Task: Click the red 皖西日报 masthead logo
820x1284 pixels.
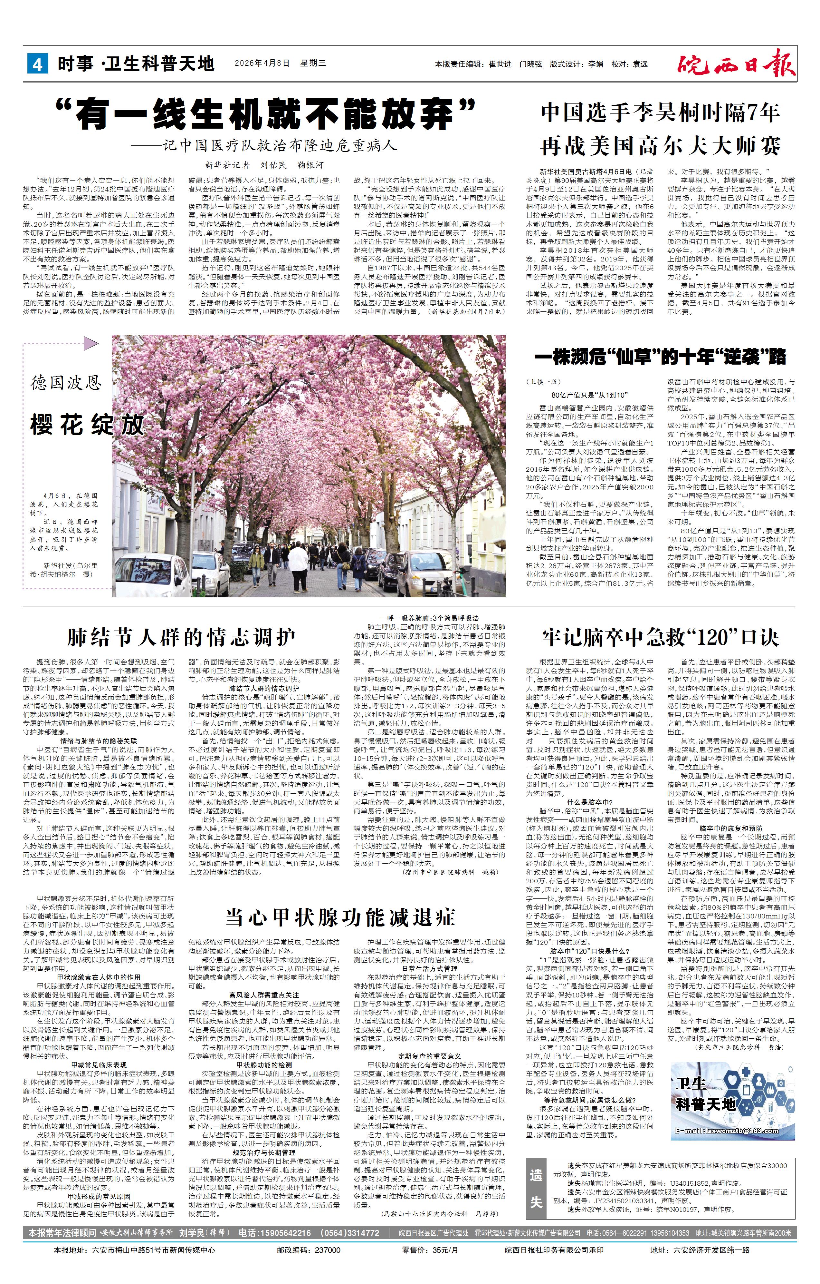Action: coord(737,63)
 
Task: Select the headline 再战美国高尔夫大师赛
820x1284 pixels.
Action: coord(661,146)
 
